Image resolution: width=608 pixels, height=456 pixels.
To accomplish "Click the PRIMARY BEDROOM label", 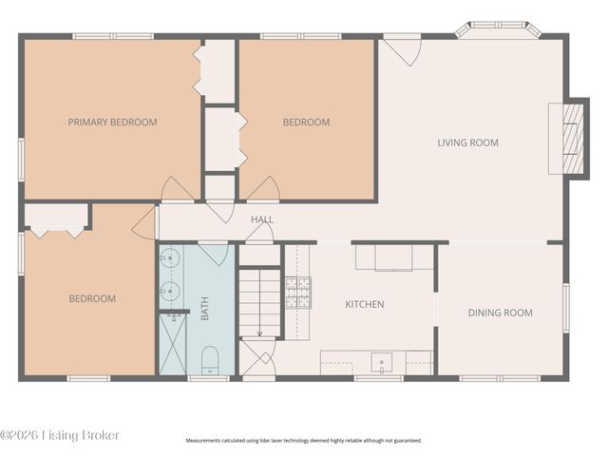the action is pyautogui.click(x=112, y=123).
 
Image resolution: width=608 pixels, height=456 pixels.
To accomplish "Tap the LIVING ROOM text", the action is pyautogui.click(x=468, y=142).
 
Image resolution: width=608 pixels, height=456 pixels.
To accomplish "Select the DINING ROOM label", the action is pyautogui.click(x=501, y=313).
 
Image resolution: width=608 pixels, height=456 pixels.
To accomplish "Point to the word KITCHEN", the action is pyautogui.click(x=365, y=304).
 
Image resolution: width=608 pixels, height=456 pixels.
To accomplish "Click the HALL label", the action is pyautogui.click(x=262, y=219).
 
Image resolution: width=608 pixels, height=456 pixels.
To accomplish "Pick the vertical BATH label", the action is pyautogui.click(x=205, y=308).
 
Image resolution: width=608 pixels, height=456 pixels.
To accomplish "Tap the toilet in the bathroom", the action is pyautogui.click(x=210, y=360).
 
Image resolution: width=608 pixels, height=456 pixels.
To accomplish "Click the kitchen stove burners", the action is pyautogui.click(x=298, y=293).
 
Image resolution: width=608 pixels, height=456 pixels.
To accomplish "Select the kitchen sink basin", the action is pyautogui.click(x=382, y=363).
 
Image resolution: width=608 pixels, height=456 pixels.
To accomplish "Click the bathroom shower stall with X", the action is pyautogui.click(x=173, y=344).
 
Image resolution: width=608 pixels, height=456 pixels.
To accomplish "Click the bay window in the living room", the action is pyautogui.click(x=499, y=28).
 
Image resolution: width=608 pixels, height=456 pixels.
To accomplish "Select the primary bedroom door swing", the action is pyautogui.click(x=178, y=190).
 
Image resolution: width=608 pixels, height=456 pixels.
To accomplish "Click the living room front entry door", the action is pyautogui.click(x=402, y=50).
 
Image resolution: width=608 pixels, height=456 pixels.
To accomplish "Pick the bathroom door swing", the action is pyautogui.click(x=213, y=254).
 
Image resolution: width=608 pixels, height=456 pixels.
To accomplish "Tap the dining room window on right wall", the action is pyautogui.click(x=566, y=308).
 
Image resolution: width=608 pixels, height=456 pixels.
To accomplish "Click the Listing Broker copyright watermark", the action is pyautogui.click(x=59, y=435).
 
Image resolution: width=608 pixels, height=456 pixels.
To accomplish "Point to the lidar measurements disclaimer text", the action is pyautogui.click(x=304, y=441).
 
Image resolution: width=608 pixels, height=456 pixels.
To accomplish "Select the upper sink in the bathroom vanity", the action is pyautogui.click(x=169, y=257).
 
